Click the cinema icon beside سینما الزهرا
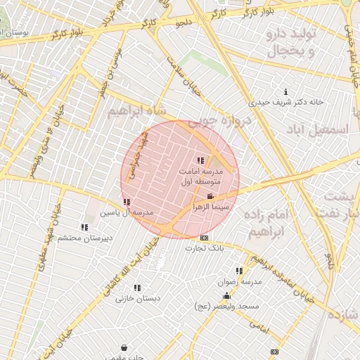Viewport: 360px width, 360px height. pos(210,196)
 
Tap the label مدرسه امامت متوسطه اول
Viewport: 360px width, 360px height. pos(202,176)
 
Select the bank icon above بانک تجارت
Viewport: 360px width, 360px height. pos(205,238)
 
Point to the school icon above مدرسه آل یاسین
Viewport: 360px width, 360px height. pos(127,202)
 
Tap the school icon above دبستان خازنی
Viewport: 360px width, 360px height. pos(137,288)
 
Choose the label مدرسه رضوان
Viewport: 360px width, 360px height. pos(240,281)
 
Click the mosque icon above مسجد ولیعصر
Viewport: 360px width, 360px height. pos(226,296)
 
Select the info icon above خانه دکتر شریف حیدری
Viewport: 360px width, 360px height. pos(285,92)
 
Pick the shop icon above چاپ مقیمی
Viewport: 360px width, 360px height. pos(124,347)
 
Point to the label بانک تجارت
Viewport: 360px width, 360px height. pos(205,247)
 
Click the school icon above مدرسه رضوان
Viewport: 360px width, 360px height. pos(240,271)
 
